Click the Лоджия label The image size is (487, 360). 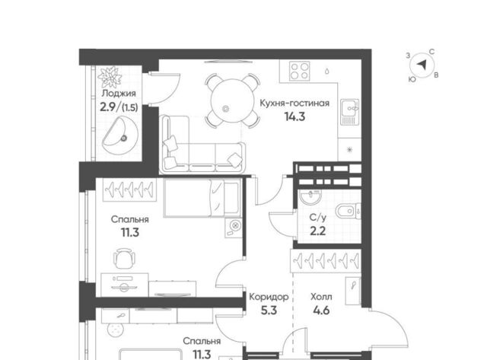[x=119, y=93]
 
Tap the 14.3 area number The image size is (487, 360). [x=294, y=116]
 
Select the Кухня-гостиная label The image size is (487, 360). [x=294, y=103]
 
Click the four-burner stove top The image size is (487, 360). [x=299, y=71]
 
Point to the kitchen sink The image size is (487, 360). [x=350, y=112]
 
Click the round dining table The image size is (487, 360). [x=231, y=100]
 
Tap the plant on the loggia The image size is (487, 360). [x=110, y=76]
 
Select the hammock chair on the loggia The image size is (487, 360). [x=120, y=135]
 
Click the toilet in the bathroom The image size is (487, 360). [x=349, y=212]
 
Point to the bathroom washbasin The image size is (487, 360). [x=310, y=197]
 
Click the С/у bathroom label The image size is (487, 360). [x=318, y=218]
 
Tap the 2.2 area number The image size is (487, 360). [x=318, y=231]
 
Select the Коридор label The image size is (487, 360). [x=269, y=297]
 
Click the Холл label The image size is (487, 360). [x=321, y=297]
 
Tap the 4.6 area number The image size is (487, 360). [x=321, y=311]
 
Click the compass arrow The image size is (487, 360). [x=422, y=65]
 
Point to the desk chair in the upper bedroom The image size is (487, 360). [x=125, y=258]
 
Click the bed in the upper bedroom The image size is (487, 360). [x=202, y=198]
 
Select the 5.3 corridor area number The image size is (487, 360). [x=269, y=311]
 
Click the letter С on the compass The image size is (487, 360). [x=431, y=52]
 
